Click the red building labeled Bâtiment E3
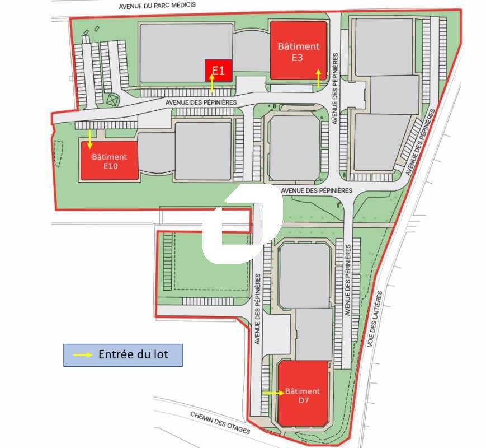[x=298, y=50]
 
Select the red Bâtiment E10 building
[x=109, y=161]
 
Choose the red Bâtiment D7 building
[x=303, y=395]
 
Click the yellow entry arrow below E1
[x=212, y=83]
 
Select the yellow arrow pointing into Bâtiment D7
[x=273, y=393]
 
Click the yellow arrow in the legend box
[x=83, y=355]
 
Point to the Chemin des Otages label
[x=219, y=423]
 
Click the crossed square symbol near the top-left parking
[x=113, y=100]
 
